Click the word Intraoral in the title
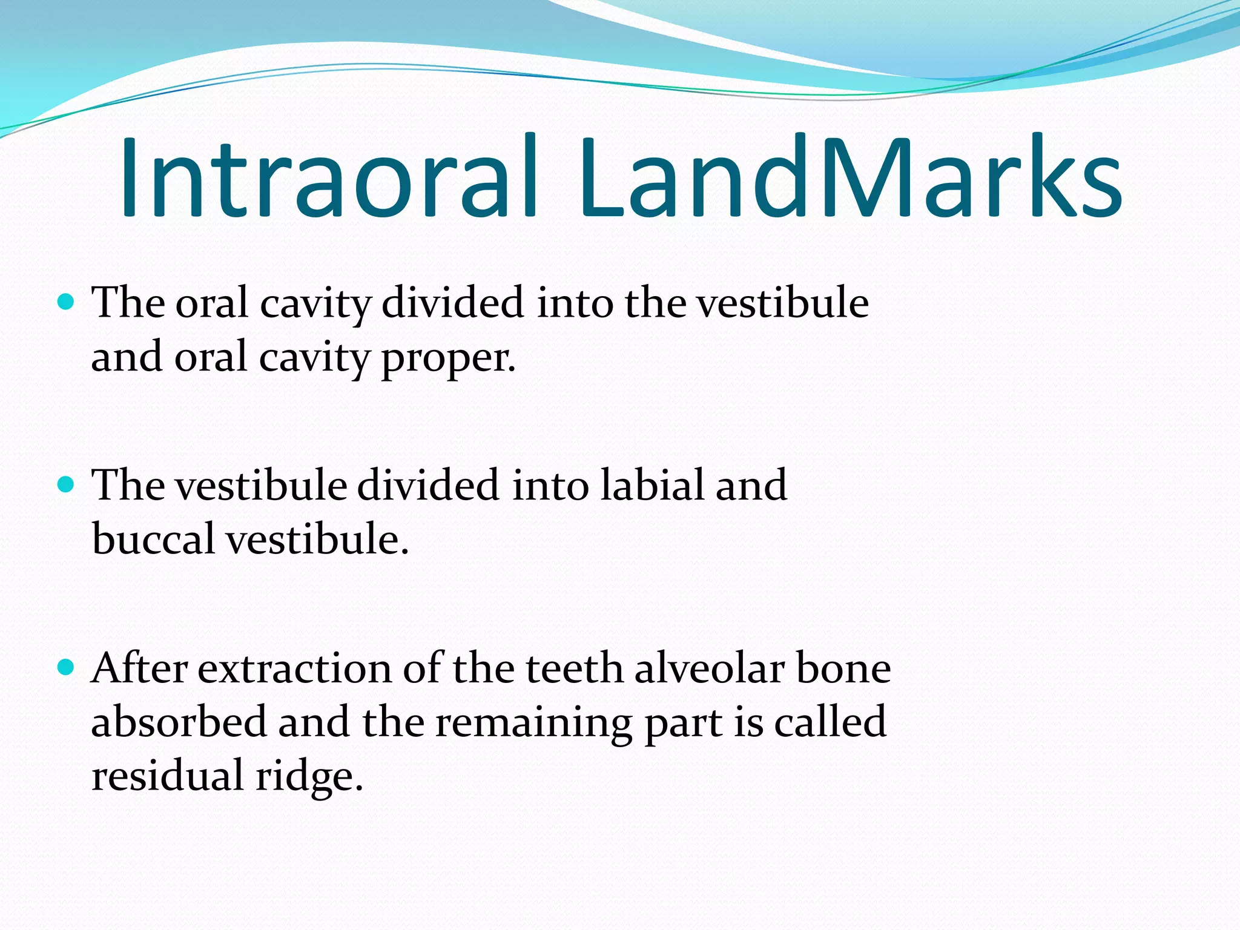tap(328, 177)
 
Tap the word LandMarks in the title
tap(850, 177)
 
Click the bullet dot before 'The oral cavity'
tap(65, 301)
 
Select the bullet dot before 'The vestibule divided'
tap(65, 484)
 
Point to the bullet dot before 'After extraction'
tap(65, 668)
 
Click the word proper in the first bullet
tap(448, 359)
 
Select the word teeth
tap(574, 668)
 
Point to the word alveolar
tap(709, 668)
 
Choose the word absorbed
tap(179, 722)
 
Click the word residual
tap(167, 776)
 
